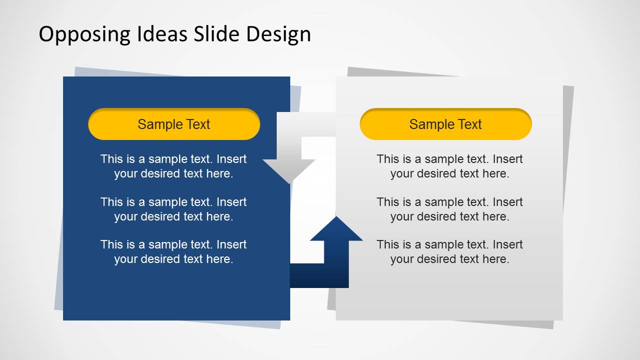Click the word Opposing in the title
tap(85, 34)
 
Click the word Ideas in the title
tap(162, 33)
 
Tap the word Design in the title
tap(278, 34)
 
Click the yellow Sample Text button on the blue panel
tap(174, 124)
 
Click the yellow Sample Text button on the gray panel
tap(446, 124)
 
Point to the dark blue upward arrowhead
tap(336, 228)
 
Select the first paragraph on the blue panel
tap(174, 166)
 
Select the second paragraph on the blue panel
tap(174, 209)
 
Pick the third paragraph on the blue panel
tap(174, 252)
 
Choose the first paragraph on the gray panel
tap(450, 166)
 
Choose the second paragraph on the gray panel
tap(450, 209)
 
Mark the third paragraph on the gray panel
tap(450, 252)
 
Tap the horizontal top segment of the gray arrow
tap(306, 124)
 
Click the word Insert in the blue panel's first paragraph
tap(231, 159)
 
